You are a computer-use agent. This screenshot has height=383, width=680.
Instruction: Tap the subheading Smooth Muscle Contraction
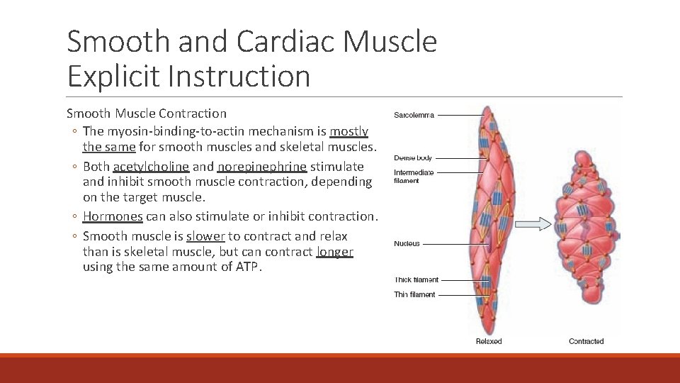[x=147, y=113]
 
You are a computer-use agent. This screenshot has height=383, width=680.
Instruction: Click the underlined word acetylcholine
[x=151, y=167]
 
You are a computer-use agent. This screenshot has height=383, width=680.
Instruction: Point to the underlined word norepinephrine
[x=262, y=167]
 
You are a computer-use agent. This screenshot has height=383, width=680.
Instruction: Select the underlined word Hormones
[x=113, y=216]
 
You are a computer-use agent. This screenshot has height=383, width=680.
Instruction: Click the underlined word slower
[x=205, y=236]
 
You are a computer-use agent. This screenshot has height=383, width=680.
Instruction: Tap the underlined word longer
[x=335, y=252]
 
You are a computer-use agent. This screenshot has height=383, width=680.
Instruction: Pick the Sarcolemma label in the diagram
[x=414, y=115]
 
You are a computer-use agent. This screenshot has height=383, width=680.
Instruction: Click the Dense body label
[x=413, y=158]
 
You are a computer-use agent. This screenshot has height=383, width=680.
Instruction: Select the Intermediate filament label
[x=414, y=177]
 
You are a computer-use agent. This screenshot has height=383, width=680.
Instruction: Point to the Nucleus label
[x=407, y=244]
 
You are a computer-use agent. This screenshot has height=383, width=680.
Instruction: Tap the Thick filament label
[x=416, y=280]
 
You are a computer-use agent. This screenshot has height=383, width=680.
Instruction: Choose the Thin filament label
[x=415, y=294]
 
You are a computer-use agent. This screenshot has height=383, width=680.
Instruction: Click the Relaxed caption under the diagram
[x=489, y=341]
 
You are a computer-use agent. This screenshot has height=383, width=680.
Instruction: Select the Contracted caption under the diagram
[x=586, y=341]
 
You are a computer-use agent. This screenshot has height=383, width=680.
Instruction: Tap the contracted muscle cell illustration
[x=586, y=227]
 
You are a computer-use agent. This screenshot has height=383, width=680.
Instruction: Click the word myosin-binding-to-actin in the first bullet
[x=174, y=131]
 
